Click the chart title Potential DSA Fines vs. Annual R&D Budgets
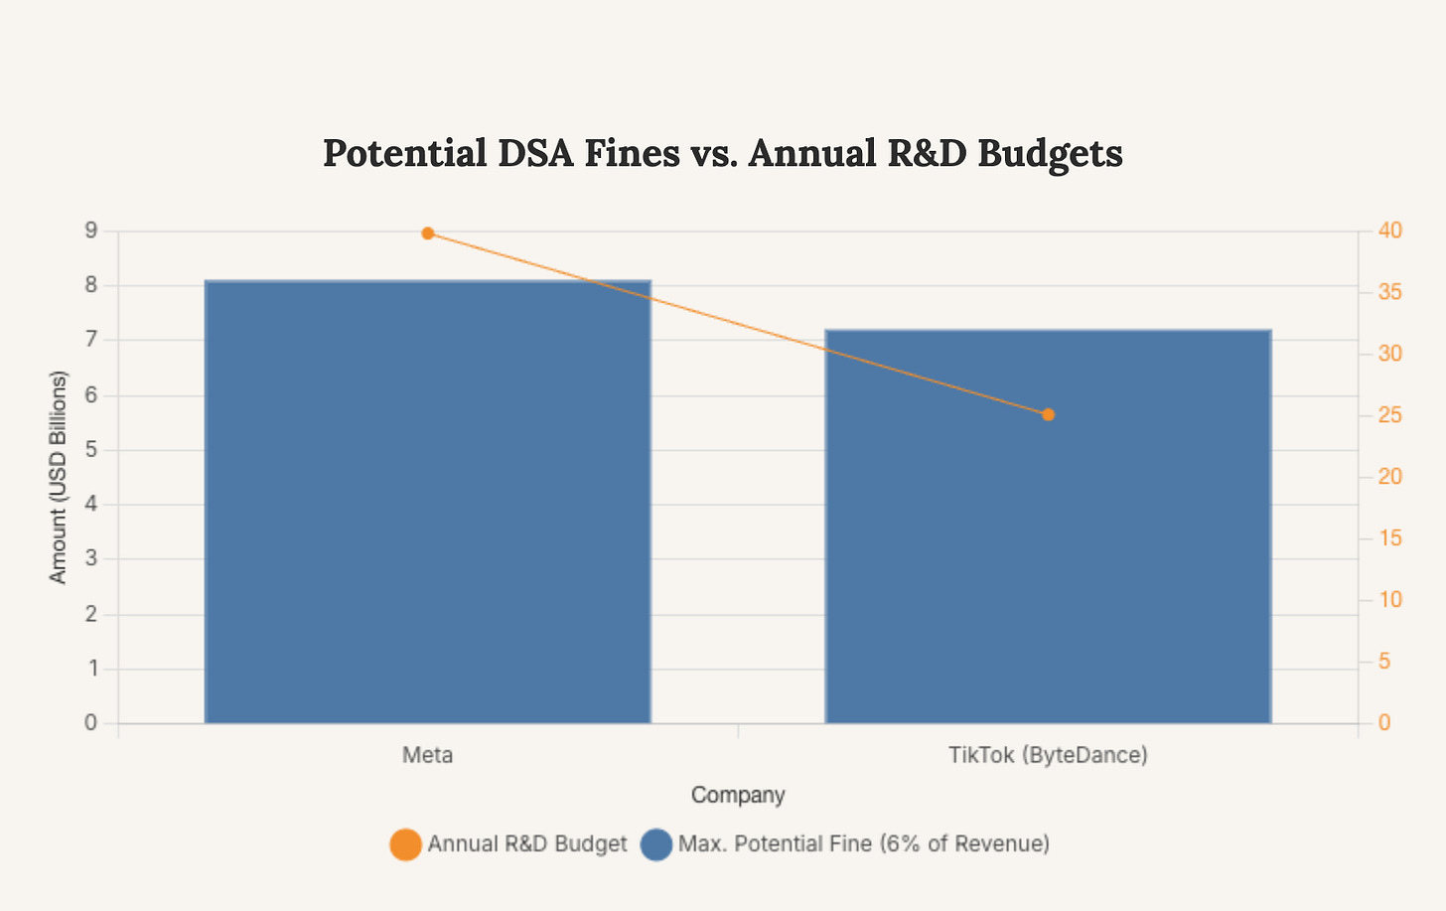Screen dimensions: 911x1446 (x=722, y=154)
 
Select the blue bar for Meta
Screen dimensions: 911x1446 (x=427, y=502)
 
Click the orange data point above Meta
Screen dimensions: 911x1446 (x=428, y=233)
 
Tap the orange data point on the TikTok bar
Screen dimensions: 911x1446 (x=1048, y=414)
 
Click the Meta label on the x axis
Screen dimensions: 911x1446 (x=427, y=755)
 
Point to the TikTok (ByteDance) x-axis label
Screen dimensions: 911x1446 (x=1048, y=755)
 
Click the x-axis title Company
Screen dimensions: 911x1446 (x=738, y=795)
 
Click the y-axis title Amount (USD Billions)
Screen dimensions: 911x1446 (x=59, y=477)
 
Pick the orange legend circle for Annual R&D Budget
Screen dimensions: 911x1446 (x=405, y=844)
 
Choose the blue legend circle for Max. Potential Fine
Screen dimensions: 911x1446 (x=656, y=844)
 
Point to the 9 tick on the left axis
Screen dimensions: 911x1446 (x=91, y=230)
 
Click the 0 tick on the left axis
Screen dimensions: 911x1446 (x=91, y=723)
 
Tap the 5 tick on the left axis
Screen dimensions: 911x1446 (x=91, y=450)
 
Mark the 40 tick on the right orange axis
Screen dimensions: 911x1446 (x=1390, y=230)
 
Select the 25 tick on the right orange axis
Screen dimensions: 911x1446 (x=1390, y=415)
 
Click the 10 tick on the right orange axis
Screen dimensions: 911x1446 (x=1390, y=600)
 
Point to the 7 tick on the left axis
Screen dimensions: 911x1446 (x=91, y=340)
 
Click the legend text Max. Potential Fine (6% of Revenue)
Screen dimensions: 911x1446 (x=863, y=844)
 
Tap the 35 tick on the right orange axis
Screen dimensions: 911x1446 (x=1390, y=292)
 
